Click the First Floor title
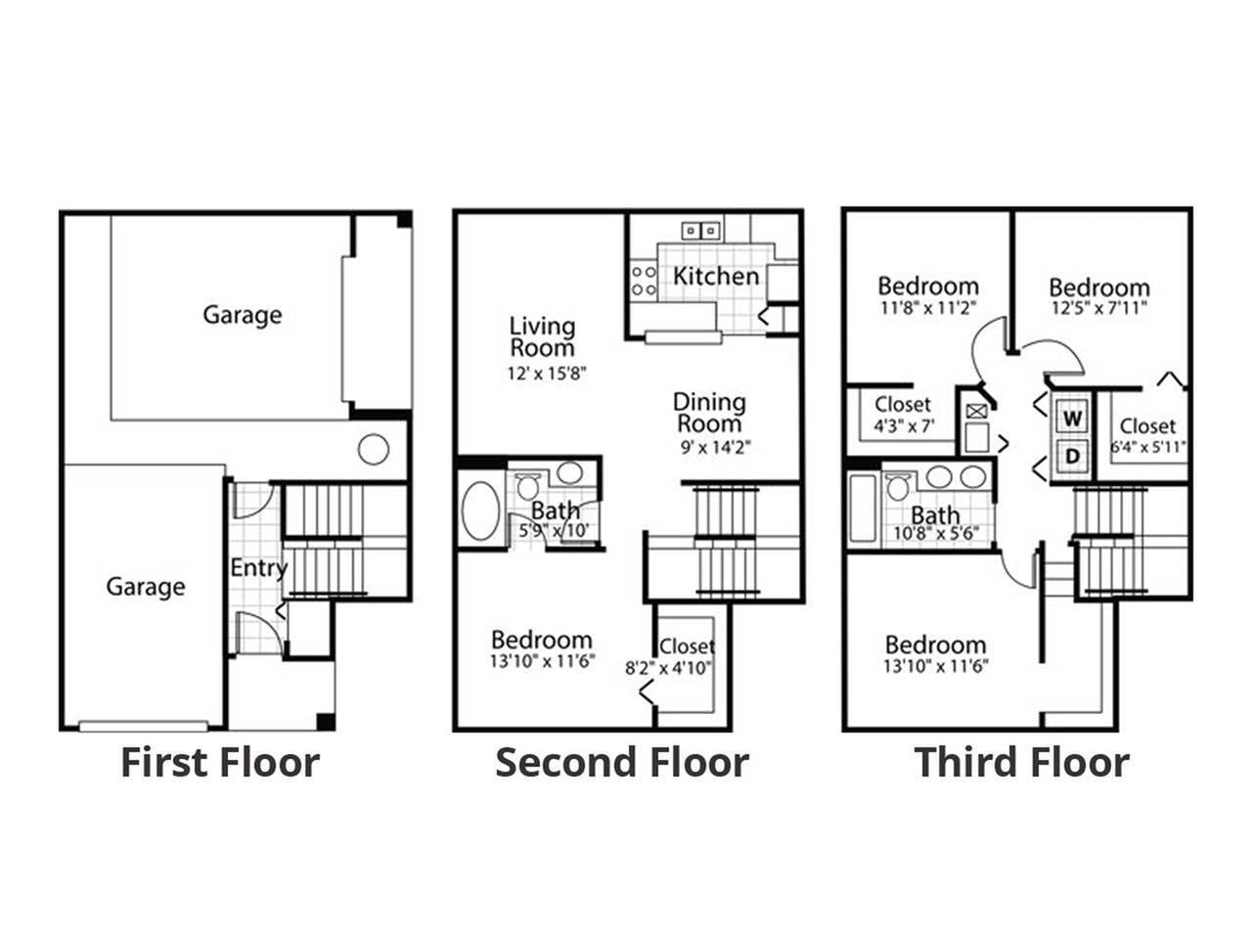[220, 762]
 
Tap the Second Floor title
[622, 762]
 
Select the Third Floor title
[1021, 762]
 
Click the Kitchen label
[716, 277]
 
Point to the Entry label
[258, 568]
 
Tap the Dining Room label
[709, 413]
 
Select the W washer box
[1073, 419]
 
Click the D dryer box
[1073, 456]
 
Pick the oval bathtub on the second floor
[480, 510]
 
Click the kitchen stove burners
[644, 281]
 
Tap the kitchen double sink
[700, 231]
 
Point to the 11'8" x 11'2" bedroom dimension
[927, 306]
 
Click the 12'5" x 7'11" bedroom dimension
[1098, 307]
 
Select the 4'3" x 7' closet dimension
[904, 425]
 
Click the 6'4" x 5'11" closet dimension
[1148, 448]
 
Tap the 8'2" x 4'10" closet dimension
[669, 669]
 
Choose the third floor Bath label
[935, 514]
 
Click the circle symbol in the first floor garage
[373, 449]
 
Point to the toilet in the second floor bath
[529, 486]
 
